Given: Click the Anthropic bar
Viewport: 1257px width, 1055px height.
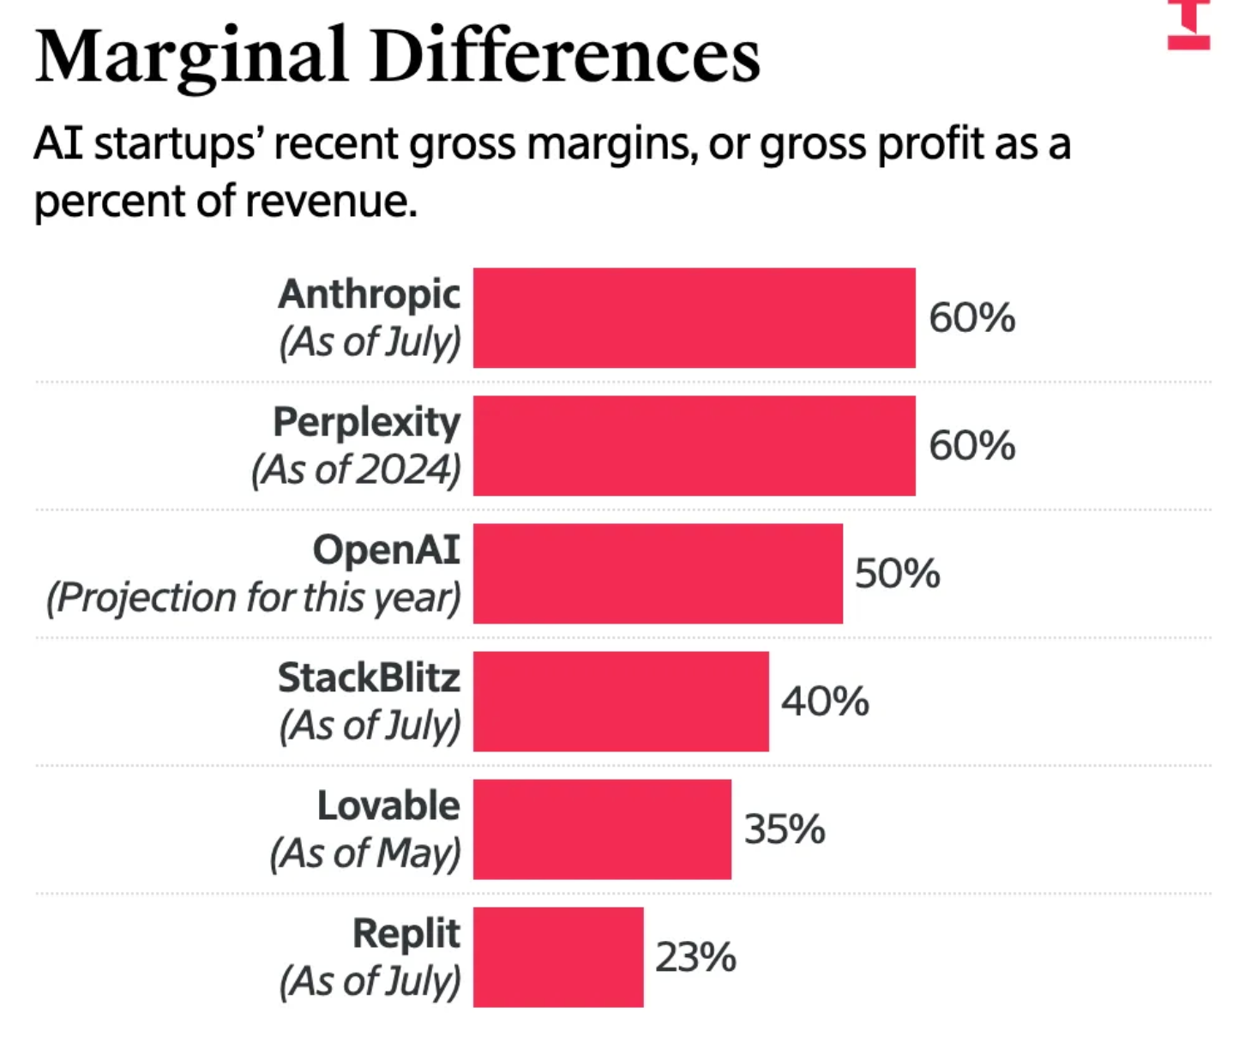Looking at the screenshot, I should tap(694, 317).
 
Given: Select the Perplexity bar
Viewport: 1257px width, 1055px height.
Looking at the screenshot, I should tap(694, 445).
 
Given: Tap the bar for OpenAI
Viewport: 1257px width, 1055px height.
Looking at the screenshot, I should tap(658, 573).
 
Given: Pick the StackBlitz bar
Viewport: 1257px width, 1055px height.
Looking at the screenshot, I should tap(621, 701).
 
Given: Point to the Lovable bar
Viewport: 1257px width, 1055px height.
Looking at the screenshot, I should tap(602, 829).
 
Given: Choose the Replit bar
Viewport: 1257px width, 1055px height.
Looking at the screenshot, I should tap(558, 956).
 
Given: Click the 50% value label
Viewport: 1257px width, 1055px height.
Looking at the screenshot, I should tap(897, 573).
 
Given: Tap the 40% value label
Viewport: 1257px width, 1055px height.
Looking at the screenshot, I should tap(824, 701).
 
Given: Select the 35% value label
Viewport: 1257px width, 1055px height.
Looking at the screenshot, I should tap(785, 829).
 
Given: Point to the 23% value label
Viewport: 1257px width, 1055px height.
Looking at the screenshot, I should tap(695, 956).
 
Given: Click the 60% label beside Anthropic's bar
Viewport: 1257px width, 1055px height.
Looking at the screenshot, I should tap(971, 317).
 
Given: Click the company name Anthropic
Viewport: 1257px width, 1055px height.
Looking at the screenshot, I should tap(369, 295).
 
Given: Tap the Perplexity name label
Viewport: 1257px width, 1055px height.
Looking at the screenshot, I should tap(366, 422).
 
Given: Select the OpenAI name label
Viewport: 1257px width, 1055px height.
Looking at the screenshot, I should tap(386, 550).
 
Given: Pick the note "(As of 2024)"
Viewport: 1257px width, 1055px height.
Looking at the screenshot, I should tap(356, 469).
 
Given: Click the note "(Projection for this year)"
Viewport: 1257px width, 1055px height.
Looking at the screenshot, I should tap(254, 597).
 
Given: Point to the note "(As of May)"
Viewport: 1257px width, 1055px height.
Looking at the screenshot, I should tap(365, 853).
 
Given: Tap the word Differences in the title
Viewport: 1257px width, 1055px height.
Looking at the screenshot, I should tap(566, 57).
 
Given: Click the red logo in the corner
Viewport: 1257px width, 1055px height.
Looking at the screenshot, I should tap(1188, 26).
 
